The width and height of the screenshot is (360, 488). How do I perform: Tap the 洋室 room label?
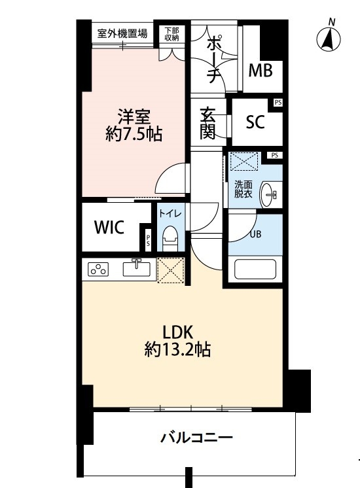click(x=135, y=118)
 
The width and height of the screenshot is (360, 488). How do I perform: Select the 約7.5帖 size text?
click(x=134, y=135)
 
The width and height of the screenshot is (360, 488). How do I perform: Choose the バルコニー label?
click(x=197, y=438)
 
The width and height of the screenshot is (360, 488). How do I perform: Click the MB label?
click(x=264, y=70)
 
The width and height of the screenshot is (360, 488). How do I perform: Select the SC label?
click(x=255, y=122)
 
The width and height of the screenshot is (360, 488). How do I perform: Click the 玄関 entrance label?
click(x=207, y=123)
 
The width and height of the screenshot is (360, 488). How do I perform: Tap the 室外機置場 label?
click(x=122, y=33)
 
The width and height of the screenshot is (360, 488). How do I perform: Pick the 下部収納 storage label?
click(x=171, y=34)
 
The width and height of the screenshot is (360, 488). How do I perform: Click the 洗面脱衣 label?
click(x=243, y=189)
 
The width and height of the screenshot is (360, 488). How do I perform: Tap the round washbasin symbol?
click(x=270, y=194)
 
